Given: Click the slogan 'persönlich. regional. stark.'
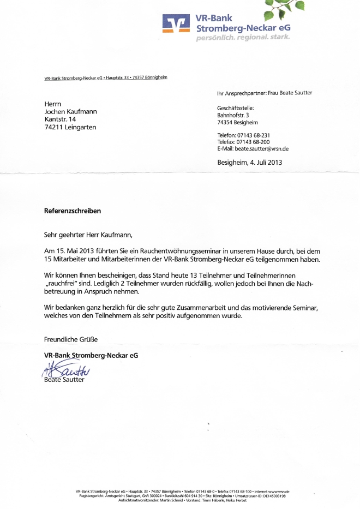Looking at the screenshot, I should [x=243, y=38].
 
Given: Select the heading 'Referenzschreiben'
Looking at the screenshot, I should [x=73, y=211].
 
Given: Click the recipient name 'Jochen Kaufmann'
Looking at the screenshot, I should [x=70, y=111].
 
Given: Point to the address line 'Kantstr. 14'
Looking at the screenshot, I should [x=61, y=119].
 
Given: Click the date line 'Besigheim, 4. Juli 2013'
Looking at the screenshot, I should [x=250, y=163].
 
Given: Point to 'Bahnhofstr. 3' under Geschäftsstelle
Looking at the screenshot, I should [x=233, y=115].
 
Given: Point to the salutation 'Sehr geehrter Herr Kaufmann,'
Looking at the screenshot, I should [x=88, y=235].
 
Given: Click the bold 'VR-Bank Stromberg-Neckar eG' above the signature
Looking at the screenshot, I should [x=91, y=355].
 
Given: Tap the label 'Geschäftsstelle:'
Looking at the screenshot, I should [x=236, y=108].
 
